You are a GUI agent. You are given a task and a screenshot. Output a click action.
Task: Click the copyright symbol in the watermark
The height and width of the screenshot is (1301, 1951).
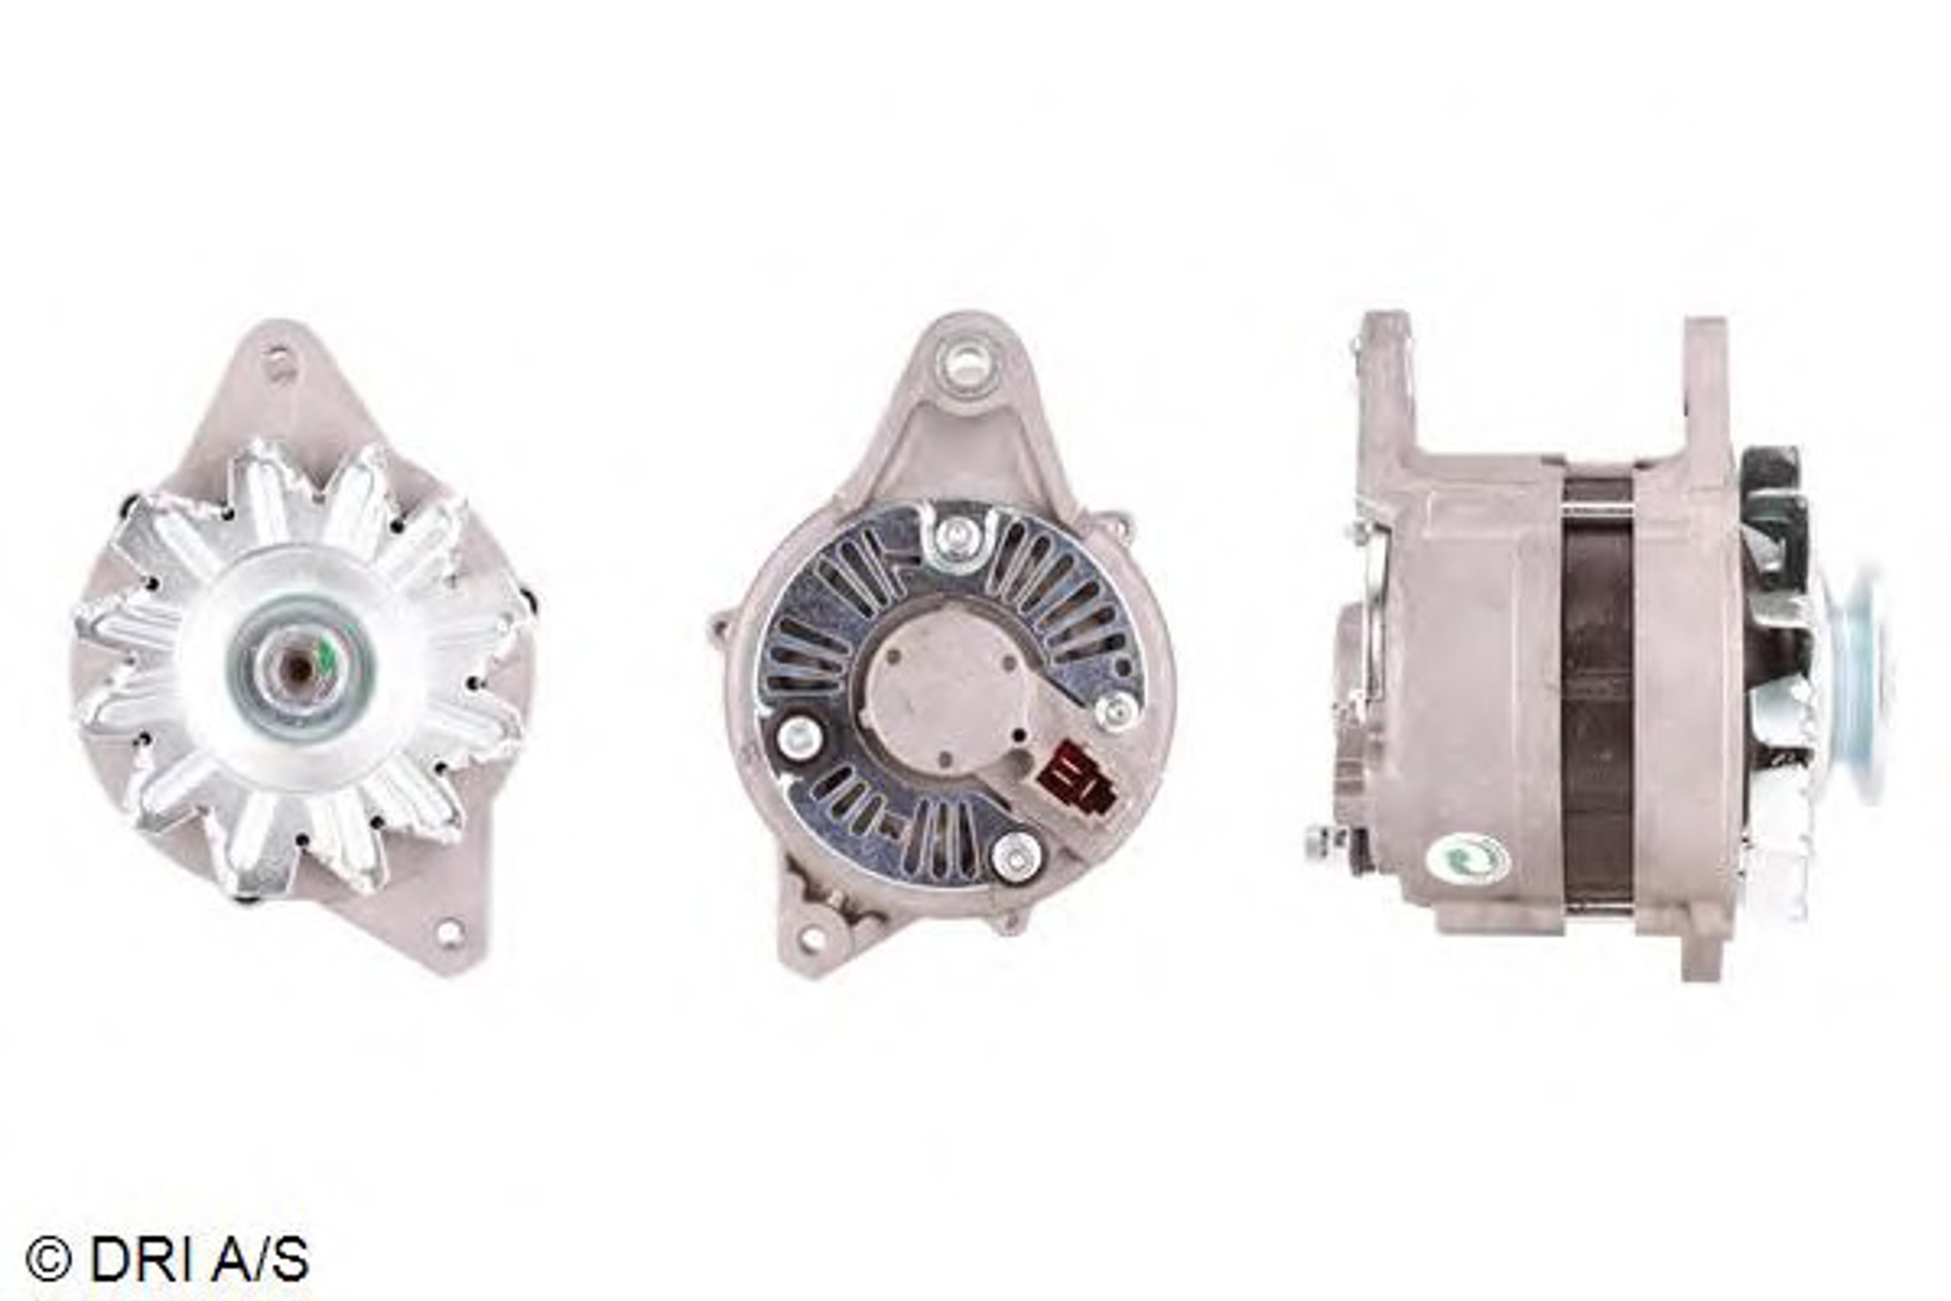47,1260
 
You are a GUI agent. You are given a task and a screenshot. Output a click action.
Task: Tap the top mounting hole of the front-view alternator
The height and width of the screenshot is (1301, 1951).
278,363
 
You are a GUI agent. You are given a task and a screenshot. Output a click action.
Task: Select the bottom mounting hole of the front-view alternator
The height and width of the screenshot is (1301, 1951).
449,933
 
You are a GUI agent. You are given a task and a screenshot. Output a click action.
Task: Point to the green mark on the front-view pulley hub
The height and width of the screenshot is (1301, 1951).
327,658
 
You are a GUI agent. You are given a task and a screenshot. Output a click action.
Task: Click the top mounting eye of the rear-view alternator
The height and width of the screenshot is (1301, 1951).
964,363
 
